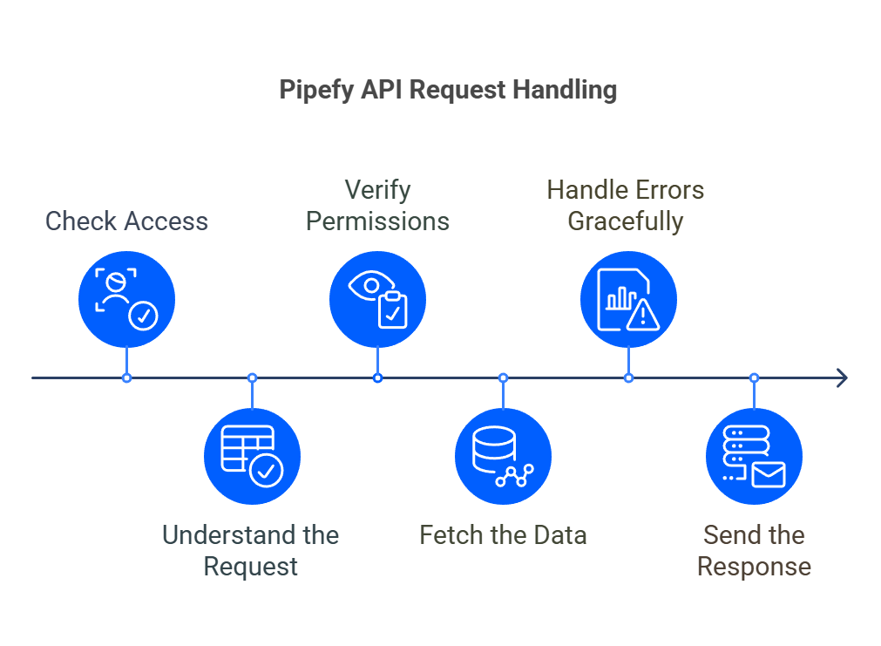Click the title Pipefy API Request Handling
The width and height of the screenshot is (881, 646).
(448, 90)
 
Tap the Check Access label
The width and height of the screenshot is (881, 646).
(127, 221)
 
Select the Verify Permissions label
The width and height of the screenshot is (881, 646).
(377, 206)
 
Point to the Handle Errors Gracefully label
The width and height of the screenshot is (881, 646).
(626, 206)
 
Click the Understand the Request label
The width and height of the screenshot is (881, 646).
(251, 550)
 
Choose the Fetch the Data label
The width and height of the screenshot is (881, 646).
(503, 534)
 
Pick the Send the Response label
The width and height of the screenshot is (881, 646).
(754, 550)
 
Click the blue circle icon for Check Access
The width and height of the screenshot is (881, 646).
(127, 299)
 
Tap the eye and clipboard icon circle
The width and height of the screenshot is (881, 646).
(377, 299)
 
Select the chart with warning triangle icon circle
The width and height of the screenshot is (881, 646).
(628, 299)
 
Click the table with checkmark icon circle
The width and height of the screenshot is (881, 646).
(252, 456)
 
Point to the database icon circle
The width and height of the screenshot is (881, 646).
(503, 456)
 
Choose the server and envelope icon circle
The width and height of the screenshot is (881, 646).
(754, 456)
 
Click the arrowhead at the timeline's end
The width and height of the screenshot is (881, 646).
(842, 377)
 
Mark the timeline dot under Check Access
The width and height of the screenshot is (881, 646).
(127, 377)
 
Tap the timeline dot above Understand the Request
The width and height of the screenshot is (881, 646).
(252, 377)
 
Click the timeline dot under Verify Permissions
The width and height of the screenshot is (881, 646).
(377, 377)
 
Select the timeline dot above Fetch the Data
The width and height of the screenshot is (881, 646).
(503, 377)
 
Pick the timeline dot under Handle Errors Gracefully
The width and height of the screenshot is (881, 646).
(628, 377)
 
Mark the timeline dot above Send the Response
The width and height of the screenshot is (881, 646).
(754, 377)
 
